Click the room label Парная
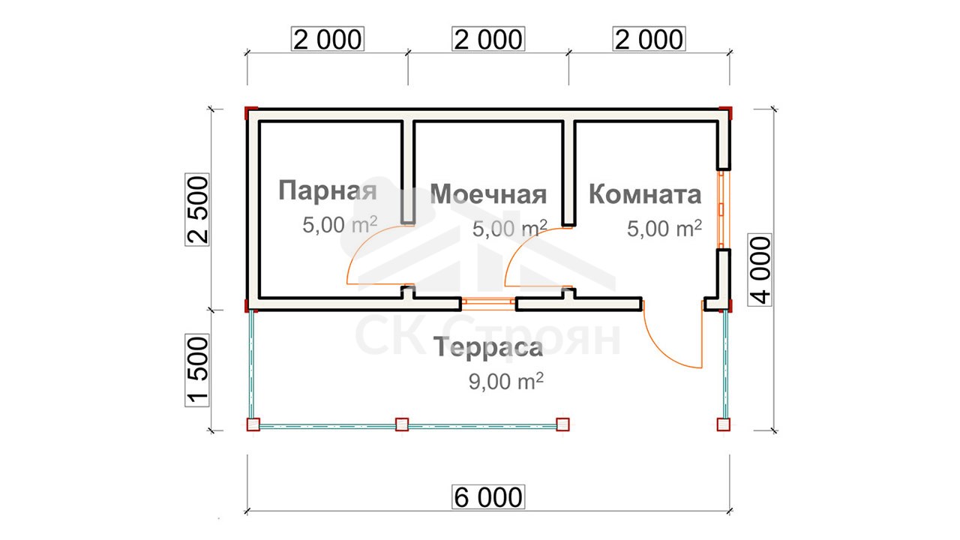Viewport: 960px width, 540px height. [x=328, y=191]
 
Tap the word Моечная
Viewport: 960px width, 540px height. [x=488, y=194]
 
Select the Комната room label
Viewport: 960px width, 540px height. [x=645, y=194]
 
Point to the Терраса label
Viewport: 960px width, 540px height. [x=488, y=347]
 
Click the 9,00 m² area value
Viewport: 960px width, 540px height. [x=506, y=381]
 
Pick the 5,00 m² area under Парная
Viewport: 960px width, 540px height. [x=340, y=224]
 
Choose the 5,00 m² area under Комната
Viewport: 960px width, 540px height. [x=664, y=229]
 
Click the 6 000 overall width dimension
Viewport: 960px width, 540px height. [x=488, y=497]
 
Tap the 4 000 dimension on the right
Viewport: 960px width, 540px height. [x=760, y=269]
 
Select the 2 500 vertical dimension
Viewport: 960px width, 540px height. [x=197, y=209]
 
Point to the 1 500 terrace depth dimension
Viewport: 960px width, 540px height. [x=197, y=370]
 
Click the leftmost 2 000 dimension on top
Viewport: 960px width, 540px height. [x=328, y=39]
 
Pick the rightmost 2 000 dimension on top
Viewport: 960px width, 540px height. [x=649, y=39]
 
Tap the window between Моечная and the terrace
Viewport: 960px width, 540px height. [x=488, y=304]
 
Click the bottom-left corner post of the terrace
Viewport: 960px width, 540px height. [x=253, y=424]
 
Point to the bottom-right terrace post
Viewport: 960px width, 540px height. [x=724, y=424]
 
